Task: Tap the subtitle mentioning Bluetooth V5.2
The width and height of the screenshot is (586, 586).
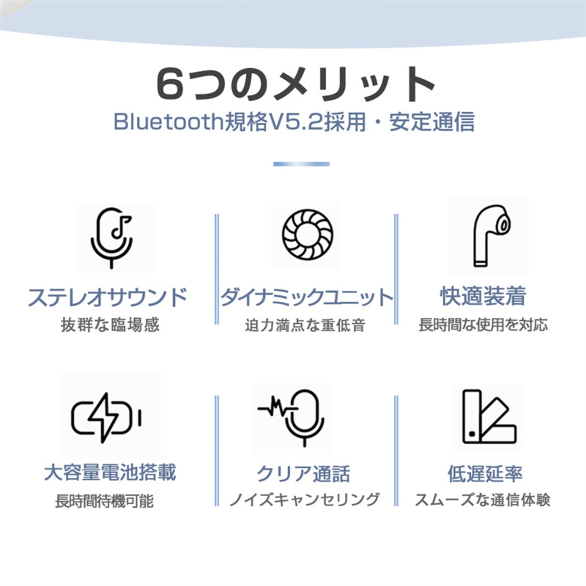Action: click(x=293, y=122)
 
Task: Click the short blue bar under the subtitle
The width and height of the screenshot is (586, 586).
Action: click(x=301, y=164)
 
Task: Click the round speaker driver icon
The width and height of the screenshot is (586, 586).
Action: click(x=307, y=234)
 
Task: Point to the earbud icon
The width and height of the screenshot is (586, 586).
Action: click(x=489, y=235)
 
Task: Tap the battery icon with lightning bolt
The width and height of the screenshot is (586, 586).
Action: click(x=106, y=418)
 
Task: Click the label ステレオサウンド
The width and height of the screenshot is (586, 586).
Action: click(x=108, y=298)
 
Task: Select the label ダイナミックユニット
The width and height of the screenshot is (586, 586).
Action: click(x=307, y=298)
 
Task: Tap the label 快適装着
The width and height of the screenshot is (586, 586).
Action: click(x=483, y=296)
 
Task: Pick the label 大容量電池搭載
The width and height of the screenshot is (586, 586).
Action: click(x=110, y=472)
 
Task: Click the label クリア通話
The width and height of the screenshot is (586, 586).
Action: click(x=304, y=474)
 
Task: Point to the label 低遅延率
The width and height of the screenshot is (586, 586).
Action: click(x=485, y=474)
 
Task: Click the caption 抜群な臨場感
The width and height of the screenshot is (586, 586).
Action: click(x=110, y=325)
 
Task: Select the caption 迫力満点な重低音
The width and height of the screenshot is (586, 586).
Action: click(x=305, y=326)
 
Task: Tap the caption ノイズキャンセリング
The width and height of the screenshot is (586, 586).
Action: click(x=304, y=499)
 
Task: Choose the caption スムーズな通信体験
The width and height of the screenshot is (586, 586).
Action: click(x=483, y=500)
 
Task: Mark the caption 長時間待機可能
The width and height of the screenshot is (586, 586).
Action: click(x=104, y=501)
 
